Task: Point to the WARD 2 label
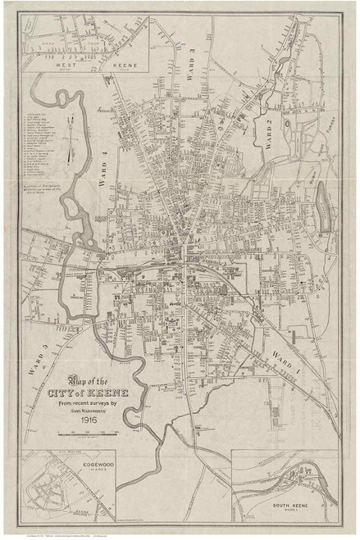267,129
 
